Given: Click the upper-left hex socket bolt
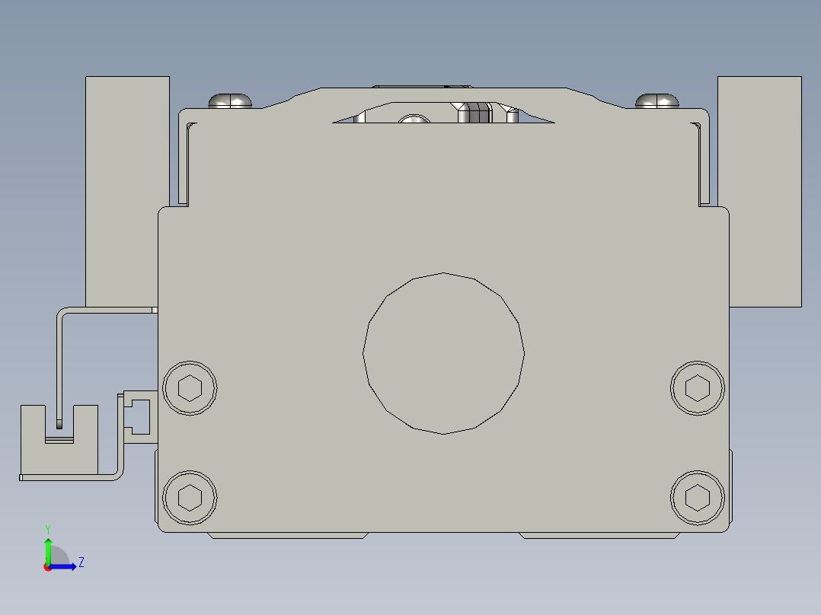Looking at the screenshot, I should (190, 388).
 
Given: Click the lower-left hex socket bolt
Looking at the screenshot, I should (190, 498).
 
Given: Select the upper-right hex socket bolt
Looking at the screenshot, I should (697, 388).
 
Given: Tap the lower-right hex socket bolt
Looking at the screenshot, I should (697, 498).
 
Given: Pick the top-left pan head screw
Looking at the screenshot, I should (230, 100).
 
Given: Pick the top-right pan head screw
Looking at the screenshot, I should (657, 100).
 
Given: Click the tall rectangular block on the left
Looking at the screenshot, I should (126, 190).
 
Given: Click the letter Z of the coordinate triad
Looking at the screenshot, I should (81, 562).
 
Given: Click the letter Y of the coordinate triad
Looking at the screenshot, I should (48, 528).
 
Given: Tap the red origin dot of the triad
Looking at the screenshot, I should (48, 567).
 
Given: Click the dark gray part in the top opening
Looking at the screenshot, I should (476, 113).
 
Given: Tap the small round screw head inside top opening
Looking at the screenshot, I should (414, 119).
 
